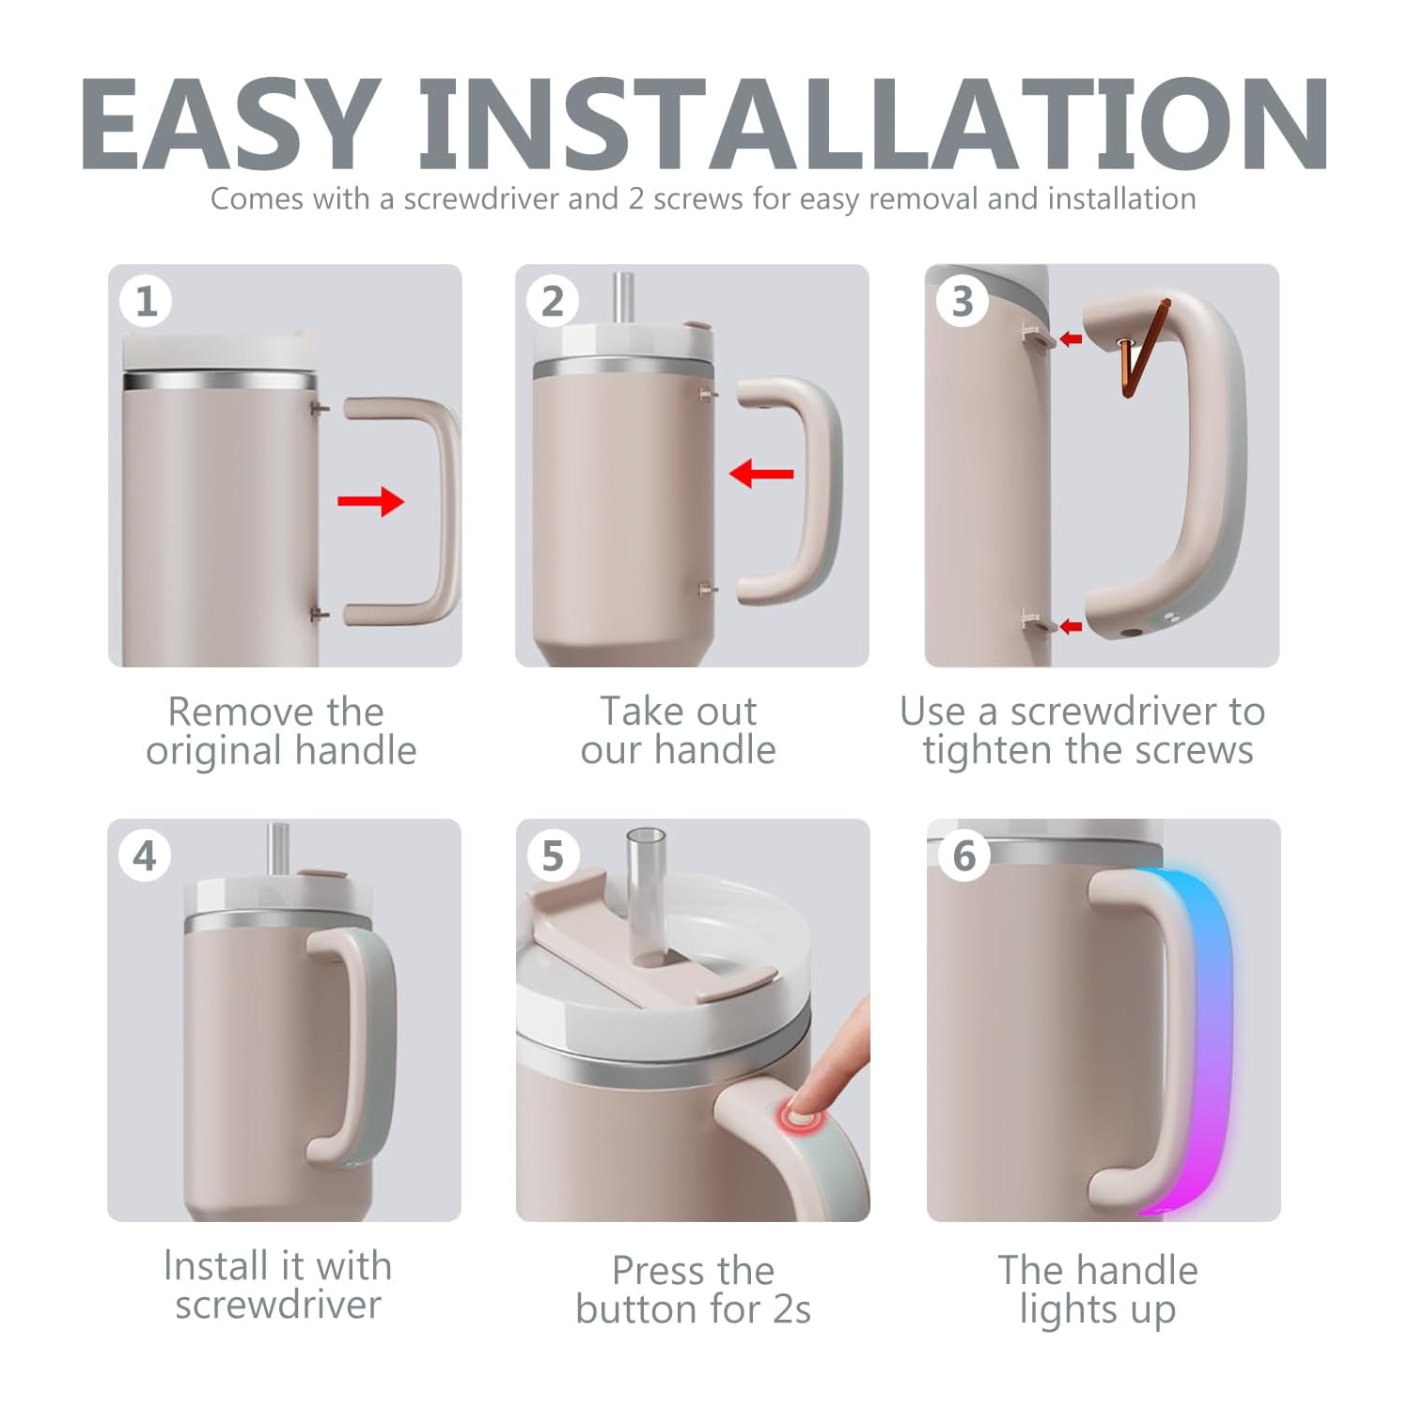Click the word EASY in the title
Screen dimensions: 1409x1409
point(231,124)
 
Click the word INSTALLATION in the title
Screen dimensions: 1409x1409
point(873,124)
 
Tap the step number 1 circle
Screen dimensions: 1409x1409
point(146,302)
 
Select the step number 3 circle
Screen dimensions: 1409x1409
point(962,302)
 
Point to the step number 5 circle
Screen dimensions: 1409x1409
point(553,856)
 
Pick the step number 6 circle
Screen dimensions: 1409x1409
point(964,856)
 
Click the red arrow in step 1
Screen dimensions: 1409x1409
point(370,501)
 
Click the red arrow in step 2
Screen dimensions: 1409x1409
point(761,473)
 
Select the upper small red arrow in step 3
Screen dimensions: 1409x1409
point(1071,338)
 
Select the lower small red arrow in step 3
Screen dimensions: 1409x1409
point(1071,626)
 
